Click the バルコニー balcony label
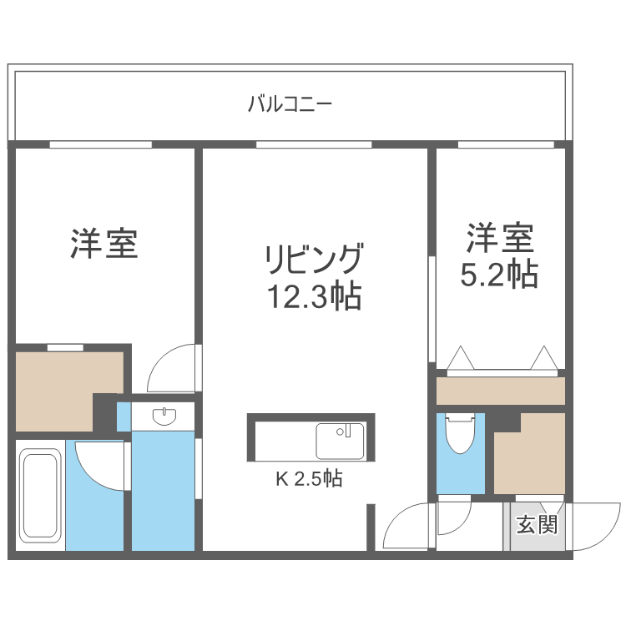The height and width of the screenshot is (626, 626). tap(290, 104)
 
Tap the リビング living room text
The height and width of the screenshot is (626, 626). tap(314, 260)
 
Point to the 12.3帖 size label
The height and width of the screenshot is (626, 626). tap(314, 295)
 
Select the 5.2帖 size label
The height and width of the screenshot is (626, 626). tap(499, 274)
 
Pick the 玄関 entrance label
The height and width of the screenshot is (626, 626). tap(537, 525)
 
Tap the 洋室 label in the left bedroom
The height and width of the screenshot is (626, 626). tap(103, 242)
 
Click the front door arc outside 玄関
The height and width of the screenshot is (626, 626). tap(594, 526)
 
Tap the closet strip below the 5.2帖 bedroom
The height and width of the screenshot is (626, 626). tap(501, 391)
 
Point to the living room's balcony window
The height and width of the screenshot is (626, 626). tap(314, 144)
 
